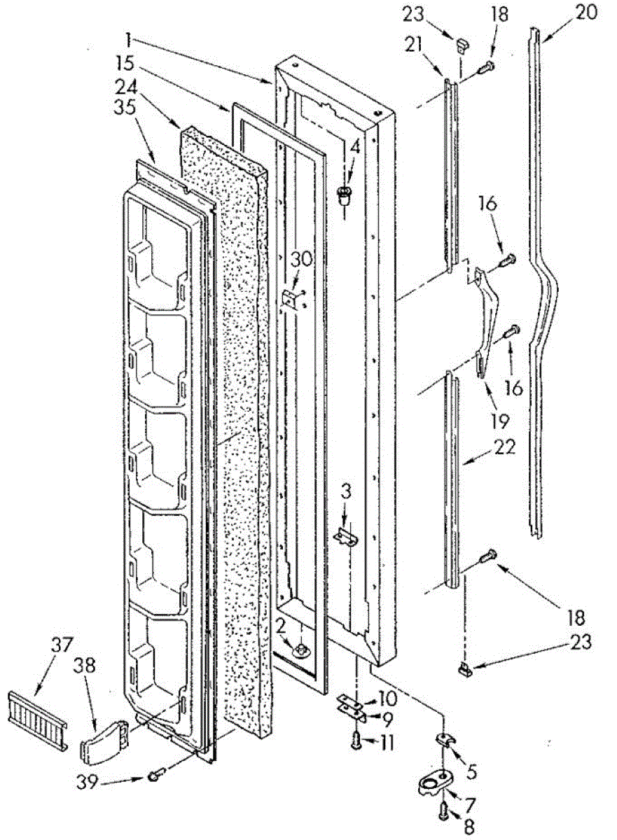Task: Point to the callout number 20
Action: pyautogui.click(x=586, y=12)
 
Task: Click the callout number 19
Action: pyautogui.click(x=499, y=421)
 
